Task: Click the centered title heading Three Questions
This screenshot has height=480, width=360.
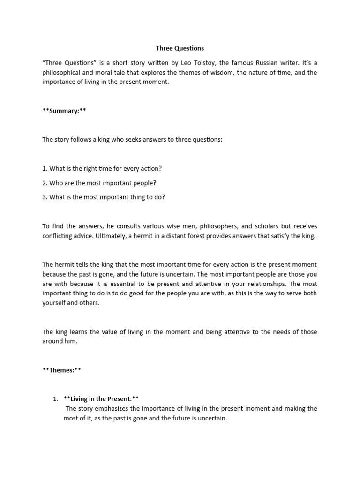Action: point(180,48)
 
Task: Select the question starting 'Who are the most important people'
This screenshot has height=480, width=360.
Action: point(99,182)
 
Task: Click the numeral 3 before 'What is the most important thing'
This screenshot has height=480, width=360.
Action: point(44,197)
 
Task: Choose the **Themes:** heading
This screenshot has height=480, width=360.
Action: point(62,370)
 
